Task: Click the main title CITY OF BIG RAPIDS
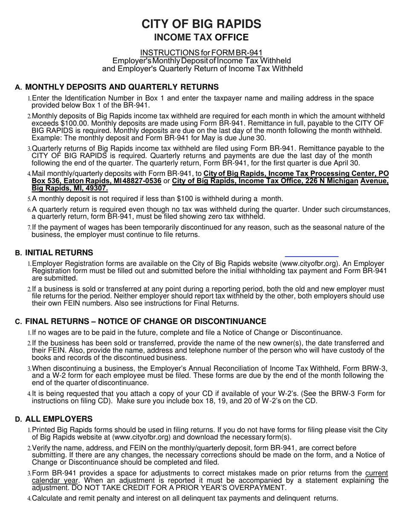201,24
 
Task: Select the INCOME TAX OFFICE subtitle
201,38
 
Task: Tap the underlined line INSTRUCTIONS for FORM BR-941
201,53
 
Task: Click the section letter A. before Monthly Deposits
18,87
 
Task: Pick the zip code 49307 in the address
98,188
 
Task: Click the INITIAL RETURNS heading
59,253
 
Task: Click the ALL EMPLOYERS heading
59,419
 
